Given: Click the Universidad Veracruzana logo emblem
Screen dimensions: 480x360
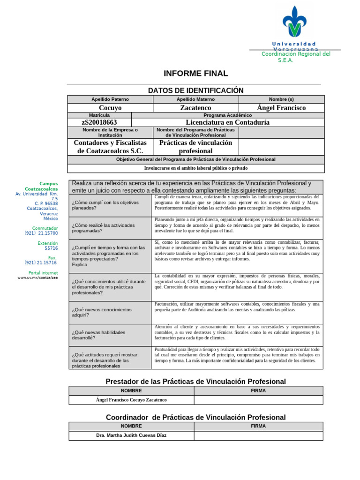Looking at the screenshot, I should pyautogui.click(x=294, y=22).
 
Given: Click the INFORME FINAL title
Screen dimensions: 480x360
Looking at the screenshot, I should pyautogui.click(x=195, y=74).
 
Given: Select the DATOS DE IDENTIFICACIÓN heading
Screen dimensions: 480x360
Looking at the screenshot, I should pyautogui.click(x=195, y=90).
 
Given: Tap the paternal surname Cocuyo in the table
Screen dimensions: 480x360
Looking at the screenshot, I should pyautogui.click(x=110, y=108).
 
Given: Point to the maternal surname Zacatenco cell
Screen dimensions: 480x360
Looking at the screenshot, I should pyautogui.click(x=195, y=108).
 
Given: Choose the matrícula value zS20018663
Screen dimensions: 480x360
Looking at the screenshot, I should pyautogui.click(x=99, y=122).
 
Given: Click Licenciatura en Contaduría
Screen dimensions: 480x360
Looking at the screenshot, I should pyautogui.click(x=227, y=122).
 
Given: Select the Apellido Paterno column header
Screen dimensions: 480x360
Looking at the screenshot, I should pyautogui.click(x=110, y=99).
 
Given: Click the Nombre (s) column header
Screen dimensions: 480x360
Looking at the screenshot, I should pyautogui.click(x=281, y=99).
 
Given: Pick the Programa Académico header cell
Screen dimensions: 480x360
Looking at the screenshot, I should pyautogui.click(x=227, y=115).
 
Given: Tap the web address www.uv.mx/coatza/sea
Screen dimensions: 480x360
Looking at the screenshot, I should pyautogui.click(x=37, y=277).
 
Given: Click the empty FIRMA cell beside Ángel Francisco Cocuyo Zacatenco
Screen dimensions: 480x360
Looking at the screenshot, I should pyautogui.click(x=258, y=400).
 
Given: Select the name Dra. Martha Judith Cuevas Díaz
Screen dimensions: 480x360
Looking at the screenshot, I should pyautogui.click(x=131, y=435).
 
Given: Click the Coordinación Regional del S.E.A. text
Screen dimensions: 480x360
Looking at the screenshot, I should pyautogui.click(x=296, y=57).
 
